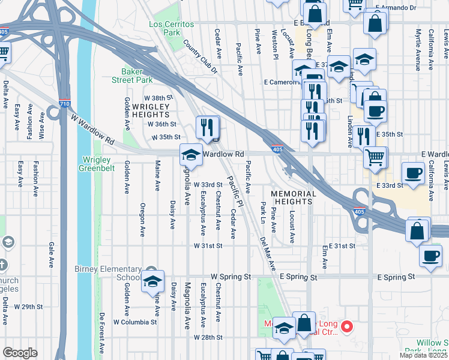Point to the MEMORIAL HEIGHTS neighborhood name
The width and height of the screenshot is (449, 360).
coord(293,197)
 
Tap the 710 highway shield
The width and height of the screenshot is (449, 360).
coord(65,103)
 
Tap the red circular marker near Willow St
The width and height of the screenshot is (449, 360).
coord(346,327)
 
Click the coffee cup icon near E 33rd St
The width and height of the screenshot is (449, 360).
coord(413,173)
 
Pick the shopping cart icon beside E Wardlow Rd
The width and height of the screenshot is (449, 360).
coord(375,157)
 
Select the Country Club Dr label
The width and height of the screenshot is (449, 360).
coord(200,58)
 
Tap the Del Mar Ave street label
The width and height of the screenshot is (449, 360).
coord(268,254)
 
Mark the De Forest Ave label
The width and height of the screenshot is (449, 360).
coord(103,334)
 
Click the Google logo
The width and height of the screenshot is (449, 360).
coord(20,353)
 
